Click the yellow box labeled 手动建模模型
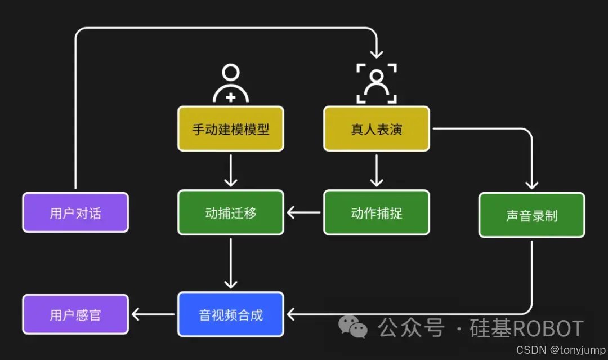pos(230,129)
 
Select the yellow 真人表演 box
pos(376,129)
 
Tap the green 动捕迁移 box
pos(230,212)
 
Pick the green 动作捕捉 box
pos(376,212)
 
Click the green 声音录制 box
pos(531,215)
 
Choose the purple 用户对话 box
pos(75,212)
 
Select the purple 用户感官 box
pos(75,314)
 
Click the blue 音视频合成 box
pos(230,314)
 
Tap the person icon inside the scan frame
pos(376,83)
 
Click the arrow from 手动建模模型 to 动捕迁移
pos(230,170)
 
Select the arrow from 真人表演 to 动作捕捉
pos(376,170)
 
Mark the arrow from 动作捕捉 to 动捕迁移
pos(303,212)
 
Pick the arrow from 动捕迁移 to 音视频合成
pos(230,263)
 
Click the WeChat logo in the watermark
pos(352,327)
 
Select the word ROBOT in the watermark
pos(549,328)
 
